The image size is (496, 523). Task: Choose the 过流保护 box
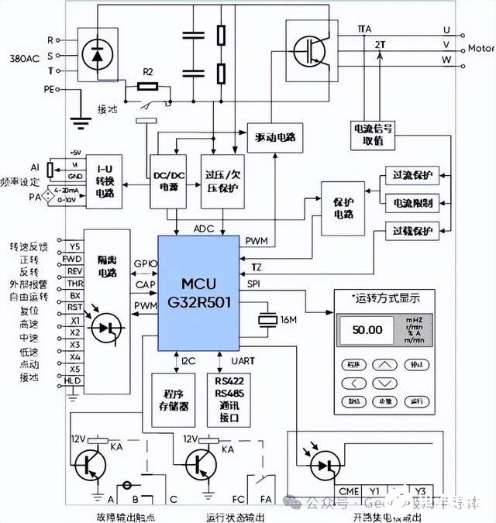tap(412, 176)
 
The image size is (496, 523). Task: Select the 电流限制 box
tap(412, 203)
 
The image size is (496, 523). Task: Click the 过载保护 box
tap(412, 230)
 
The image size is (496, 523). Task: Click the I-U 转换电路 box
tap(105, 182)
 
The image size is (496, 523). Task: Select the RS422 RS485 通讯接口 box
tap(229, 397)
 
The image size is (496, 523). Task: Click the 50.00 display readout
tap(367, 329)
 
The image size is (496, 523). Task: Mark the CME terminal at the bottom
tap(350, 490)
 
